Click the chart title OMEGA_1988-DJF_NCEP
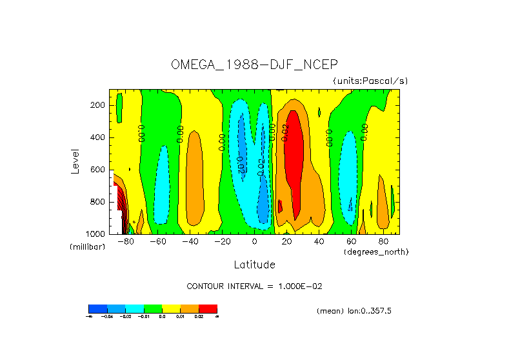click(255, 65)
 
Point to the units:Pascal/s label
click(370, 81)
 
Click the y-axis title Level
click(75, 161)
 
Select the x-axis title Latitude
click(254, 265)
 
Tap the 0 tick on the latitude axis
click(255, 242)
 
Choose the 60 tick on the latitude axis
click(351, 242)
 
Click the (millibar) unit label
click(87, 247)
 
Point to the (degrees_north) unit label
click(376, 251)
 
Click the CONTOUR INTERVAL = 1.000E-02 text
click(254, 286)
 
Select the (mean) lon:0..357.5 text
click(354, 311)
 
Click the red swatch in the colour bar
click(208, 308)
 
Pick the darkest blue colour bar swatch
click(97, 308)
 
